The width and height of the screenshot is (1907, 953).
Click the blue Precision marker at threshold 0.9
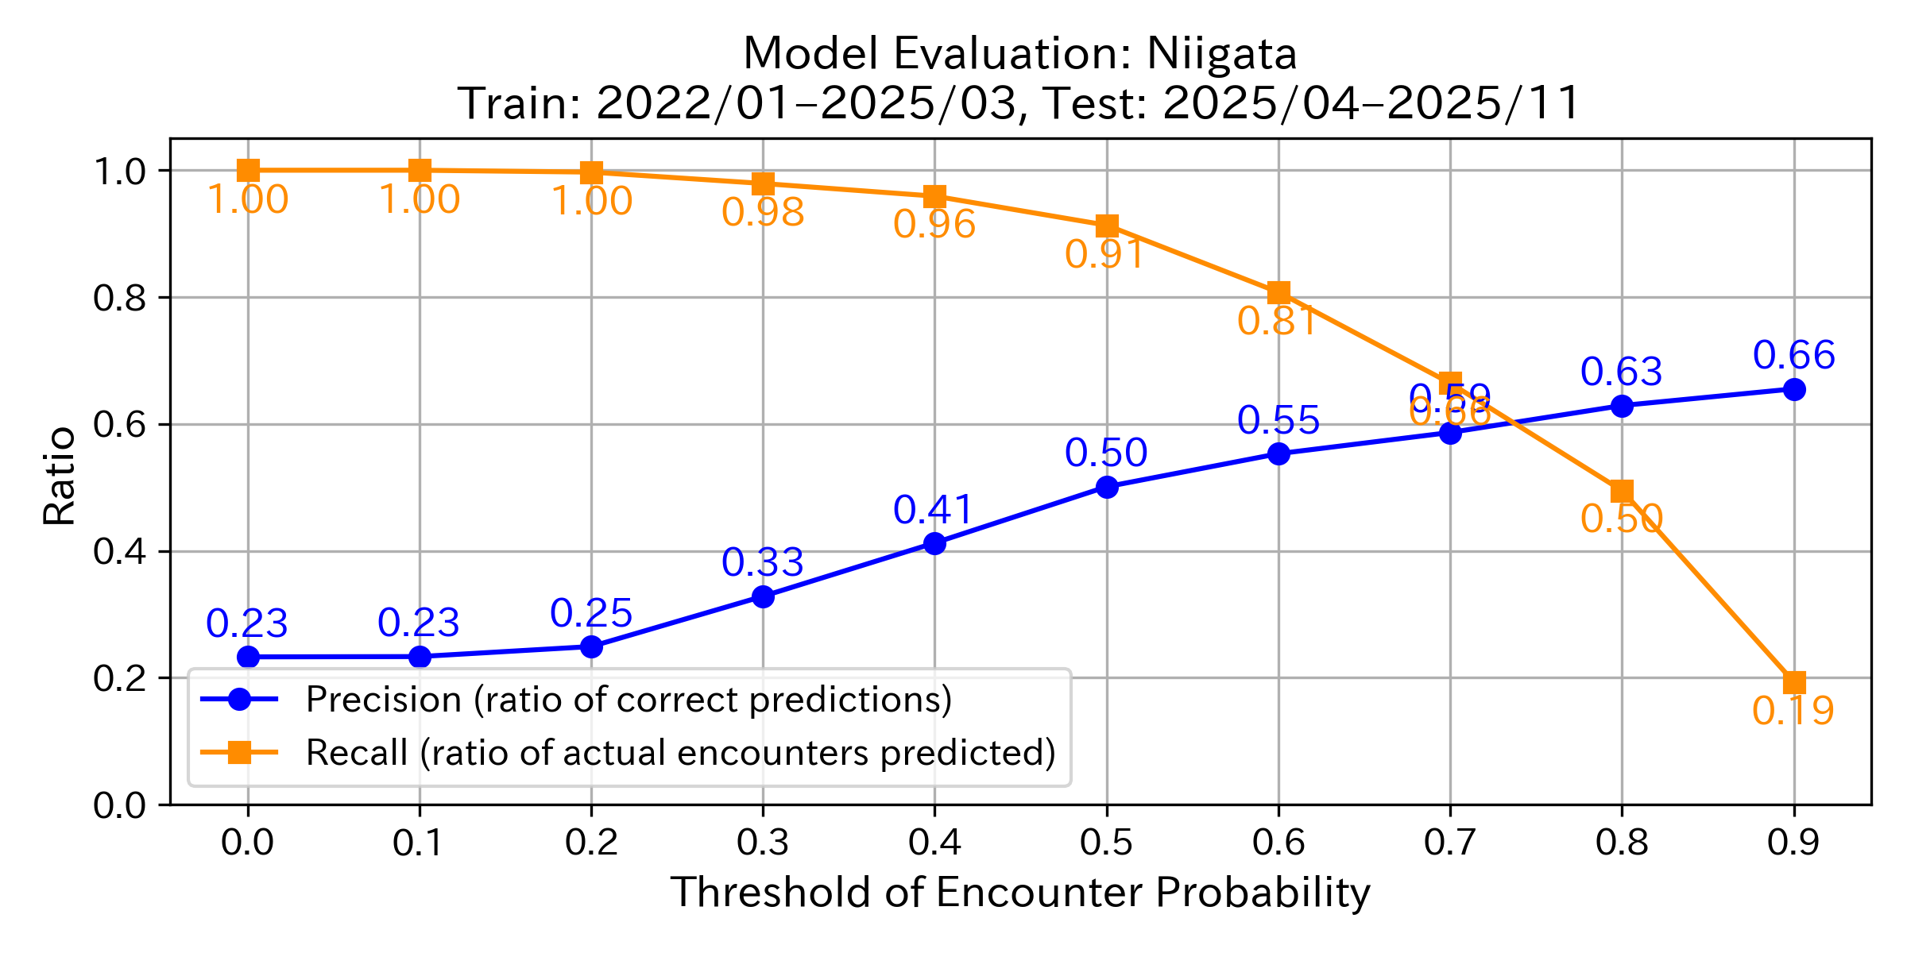coord(1793,389)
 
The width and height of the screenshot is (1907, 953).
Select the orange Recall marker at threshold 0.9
coord(1793,682)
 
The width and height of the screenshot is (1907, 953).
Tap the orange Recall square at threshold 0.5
coord(1107,226)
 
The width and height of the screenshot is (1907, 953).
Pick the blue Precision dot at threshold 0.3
coord(763,596)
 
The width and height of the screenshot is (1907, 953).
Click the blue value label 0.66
coord(1793,355)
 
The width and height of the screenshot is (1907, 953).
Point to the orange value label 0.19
coord(1793,711)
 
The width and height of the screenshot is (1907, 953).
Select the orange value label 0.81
coord(1278,322)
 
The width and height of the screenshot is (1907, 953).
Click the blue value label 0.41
coord(934,510)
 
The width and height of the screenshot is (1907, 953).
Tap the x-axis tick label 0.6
coord(1278,843)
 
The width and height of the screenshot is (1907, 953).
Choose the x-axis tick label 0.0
coord(247,843)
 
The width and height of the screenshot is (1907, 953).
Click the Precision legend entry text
coord(629,700)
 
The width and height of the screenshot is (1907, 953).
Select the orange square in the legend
coord(239,752)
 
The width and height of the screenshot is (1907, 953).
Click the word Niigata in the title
coord(1221,54)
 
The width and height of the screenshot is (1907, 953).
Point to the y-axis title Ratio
coord(60,476)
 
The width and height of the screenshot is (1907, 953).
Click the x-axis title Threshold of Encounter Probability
coord(1020,893)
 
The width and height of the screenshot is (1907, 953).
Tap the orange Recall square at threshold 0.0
coord(248,170)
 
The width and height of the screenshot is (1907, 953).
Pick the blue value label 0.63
coord(1621,372)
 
